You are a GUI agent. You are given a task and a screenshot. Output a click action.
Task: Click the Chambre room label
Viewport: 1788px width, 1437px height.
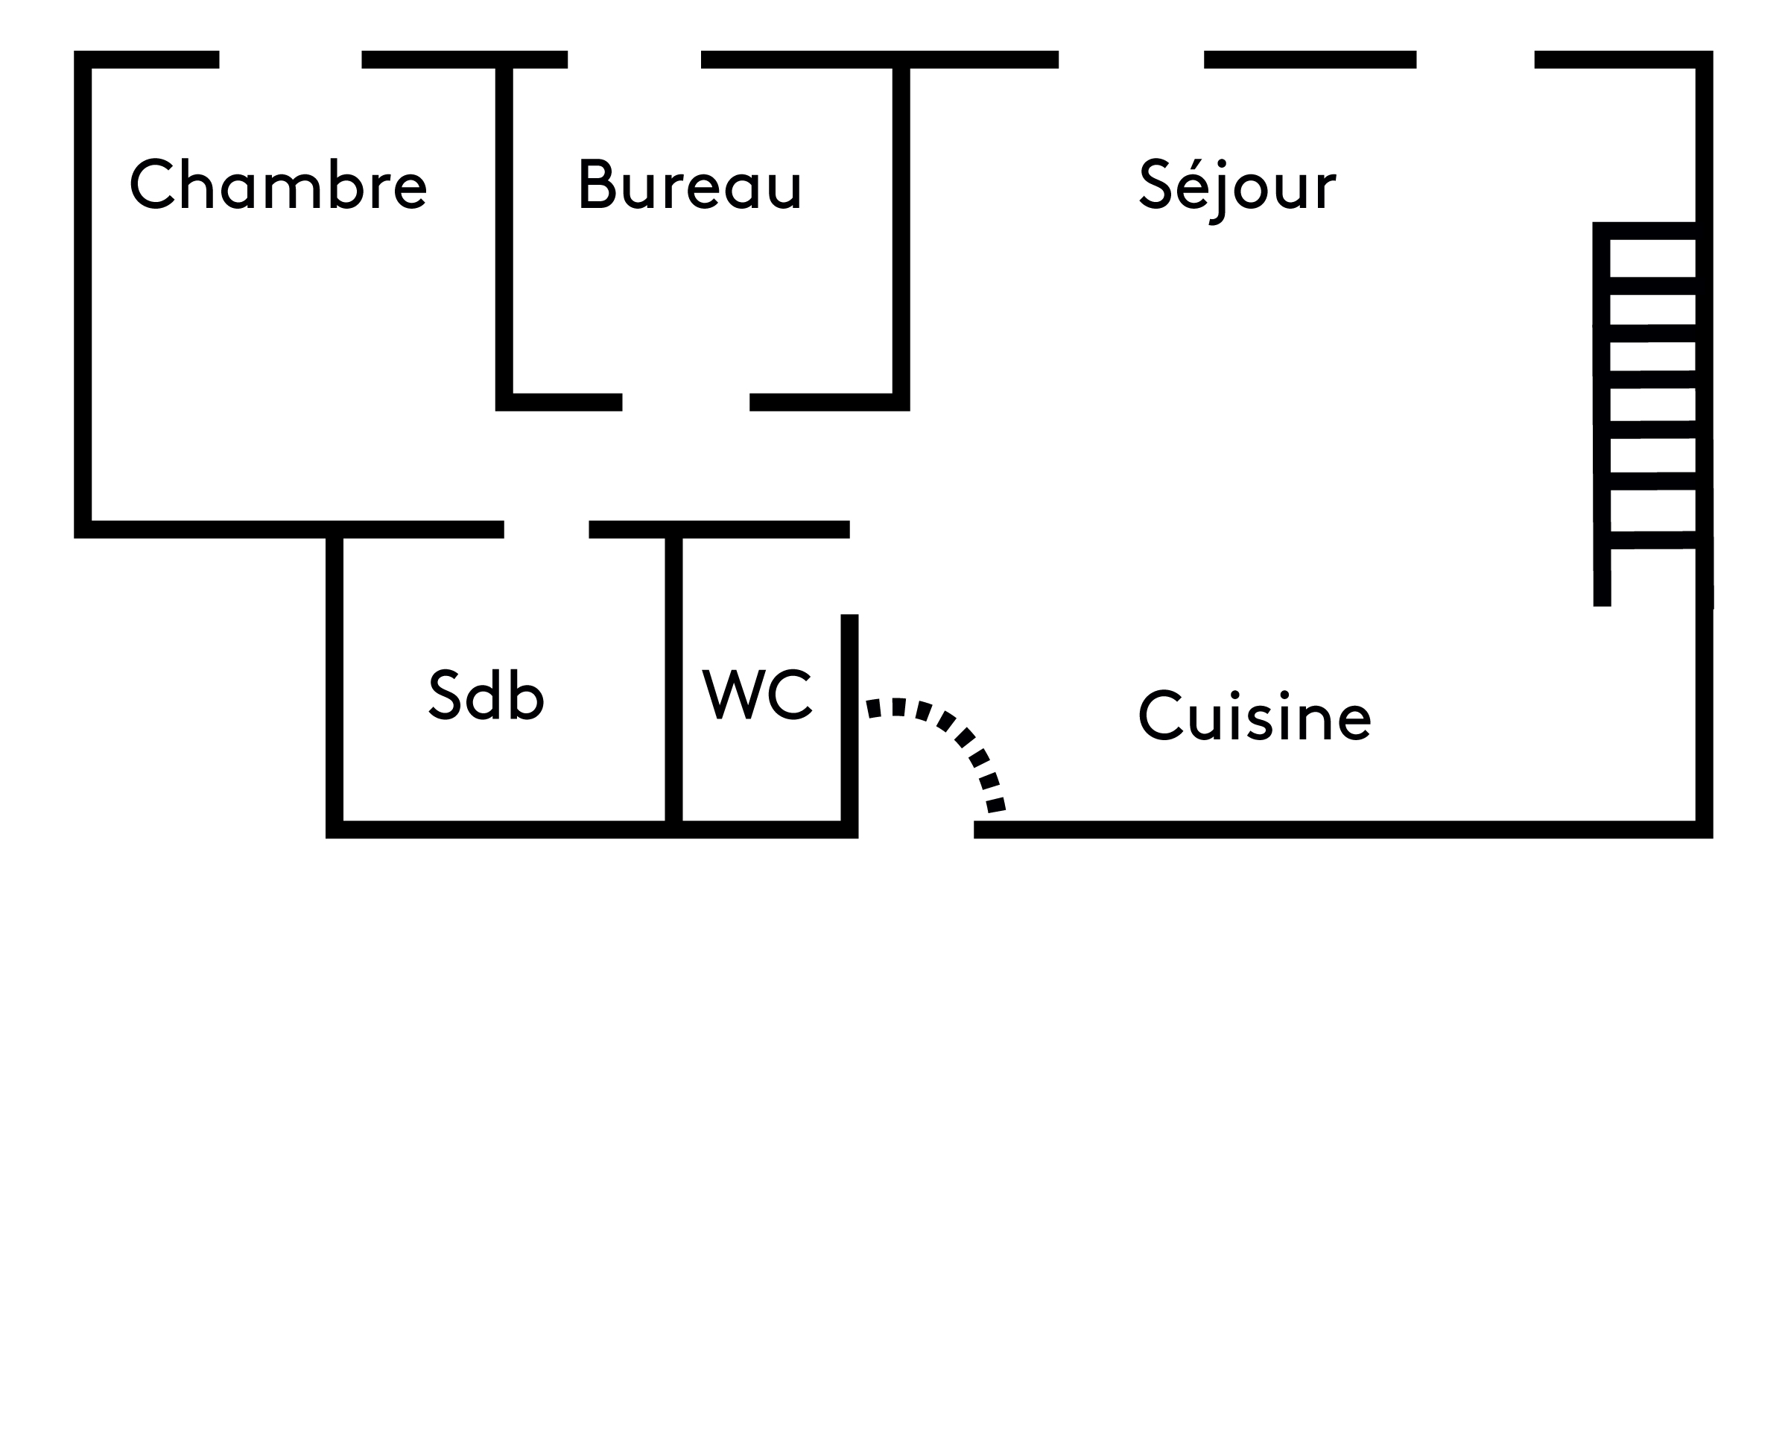point(278,184)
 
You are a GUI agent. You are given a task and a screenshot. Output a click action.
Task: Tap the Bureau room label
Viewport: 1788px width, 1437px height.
point(690,184)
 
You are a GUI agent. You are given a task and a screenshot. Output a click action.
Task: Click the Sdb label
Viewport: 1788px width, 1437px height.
point(486,695)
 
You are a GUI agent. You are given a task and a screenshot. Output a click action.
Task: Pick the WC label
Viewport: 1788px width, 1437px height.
point(756,695)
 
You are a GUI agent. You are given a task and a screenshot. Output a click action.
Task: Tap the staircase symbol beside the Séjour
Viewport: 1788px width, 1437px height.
point(1651,390)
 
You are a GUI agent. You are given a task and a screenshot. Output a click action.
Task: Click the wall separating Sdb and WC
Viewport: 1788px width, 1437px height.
point(673,680)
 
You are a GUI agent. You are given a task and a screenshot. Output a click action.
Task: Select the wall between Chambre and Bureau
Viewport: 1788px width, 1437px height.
point(504,233)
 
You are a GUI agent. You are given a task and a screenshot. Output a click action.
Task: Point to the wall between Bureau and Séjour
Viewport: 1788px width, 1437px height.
point(901,233)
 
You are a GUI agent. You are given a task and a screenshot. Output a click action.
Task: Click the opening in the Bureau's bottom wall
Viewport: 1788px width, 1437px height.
point(686,402)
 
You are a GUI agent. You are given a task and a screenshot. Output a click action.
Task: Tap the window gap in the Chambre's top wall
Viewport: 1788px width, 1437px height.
point(291,60)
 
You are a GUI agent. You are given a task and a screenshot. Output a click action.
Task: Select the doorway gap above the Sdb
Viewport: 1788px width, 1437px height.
point(547,529)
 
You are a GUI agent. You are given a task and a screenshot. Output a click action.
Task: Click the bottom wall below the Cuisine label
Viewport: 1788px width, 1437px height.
point(1327,830)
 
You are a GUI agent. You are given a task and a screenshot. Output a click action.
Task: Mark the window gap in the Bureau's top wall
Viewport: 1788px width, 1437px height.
point(635,60)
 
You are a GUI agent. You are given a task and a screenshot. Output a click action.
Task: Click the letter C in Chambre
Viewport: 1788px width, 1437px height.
point(152,184)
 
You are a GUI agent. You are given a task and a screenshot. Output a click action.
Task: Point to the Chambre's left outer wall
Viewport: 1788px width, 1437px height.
point(83,291)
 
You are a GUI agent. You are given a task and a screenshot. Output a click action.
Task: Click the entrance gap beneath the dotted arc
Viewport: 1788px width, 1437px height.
point(916,830)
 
